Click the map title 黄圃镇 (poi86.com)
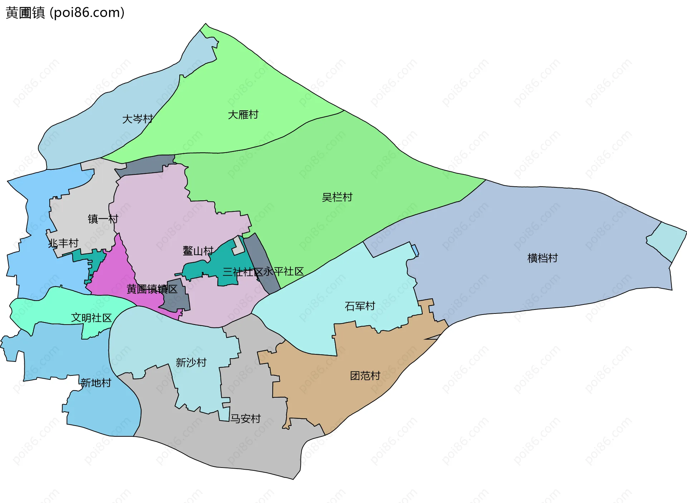(x=65, y=13)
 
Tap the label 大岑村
(x=138, y=119)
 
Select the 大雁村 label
(x=243, y=115)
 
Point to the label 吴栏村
(x=337, y=197)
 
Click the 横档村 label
(x=542, y=258)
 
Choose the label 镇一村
(x=103, y=219)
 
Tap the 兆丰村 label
(x=63, y=243)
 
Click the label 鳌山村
(x=198, y=250)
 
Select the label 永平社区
(x=284, y=272)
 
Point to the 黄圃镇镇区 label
(x=152, y=289)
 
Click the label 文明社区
(x=91, y=318)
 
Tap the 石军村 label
(x=360, y=306)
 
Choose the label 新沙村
(x=191, y=363)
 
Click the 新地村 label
(x=96, y=383)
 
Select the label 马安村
(x=245, y=418)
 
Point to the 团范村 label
(x=365, y=375)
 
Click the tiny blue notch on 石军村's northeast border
(x=415, y=249)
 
